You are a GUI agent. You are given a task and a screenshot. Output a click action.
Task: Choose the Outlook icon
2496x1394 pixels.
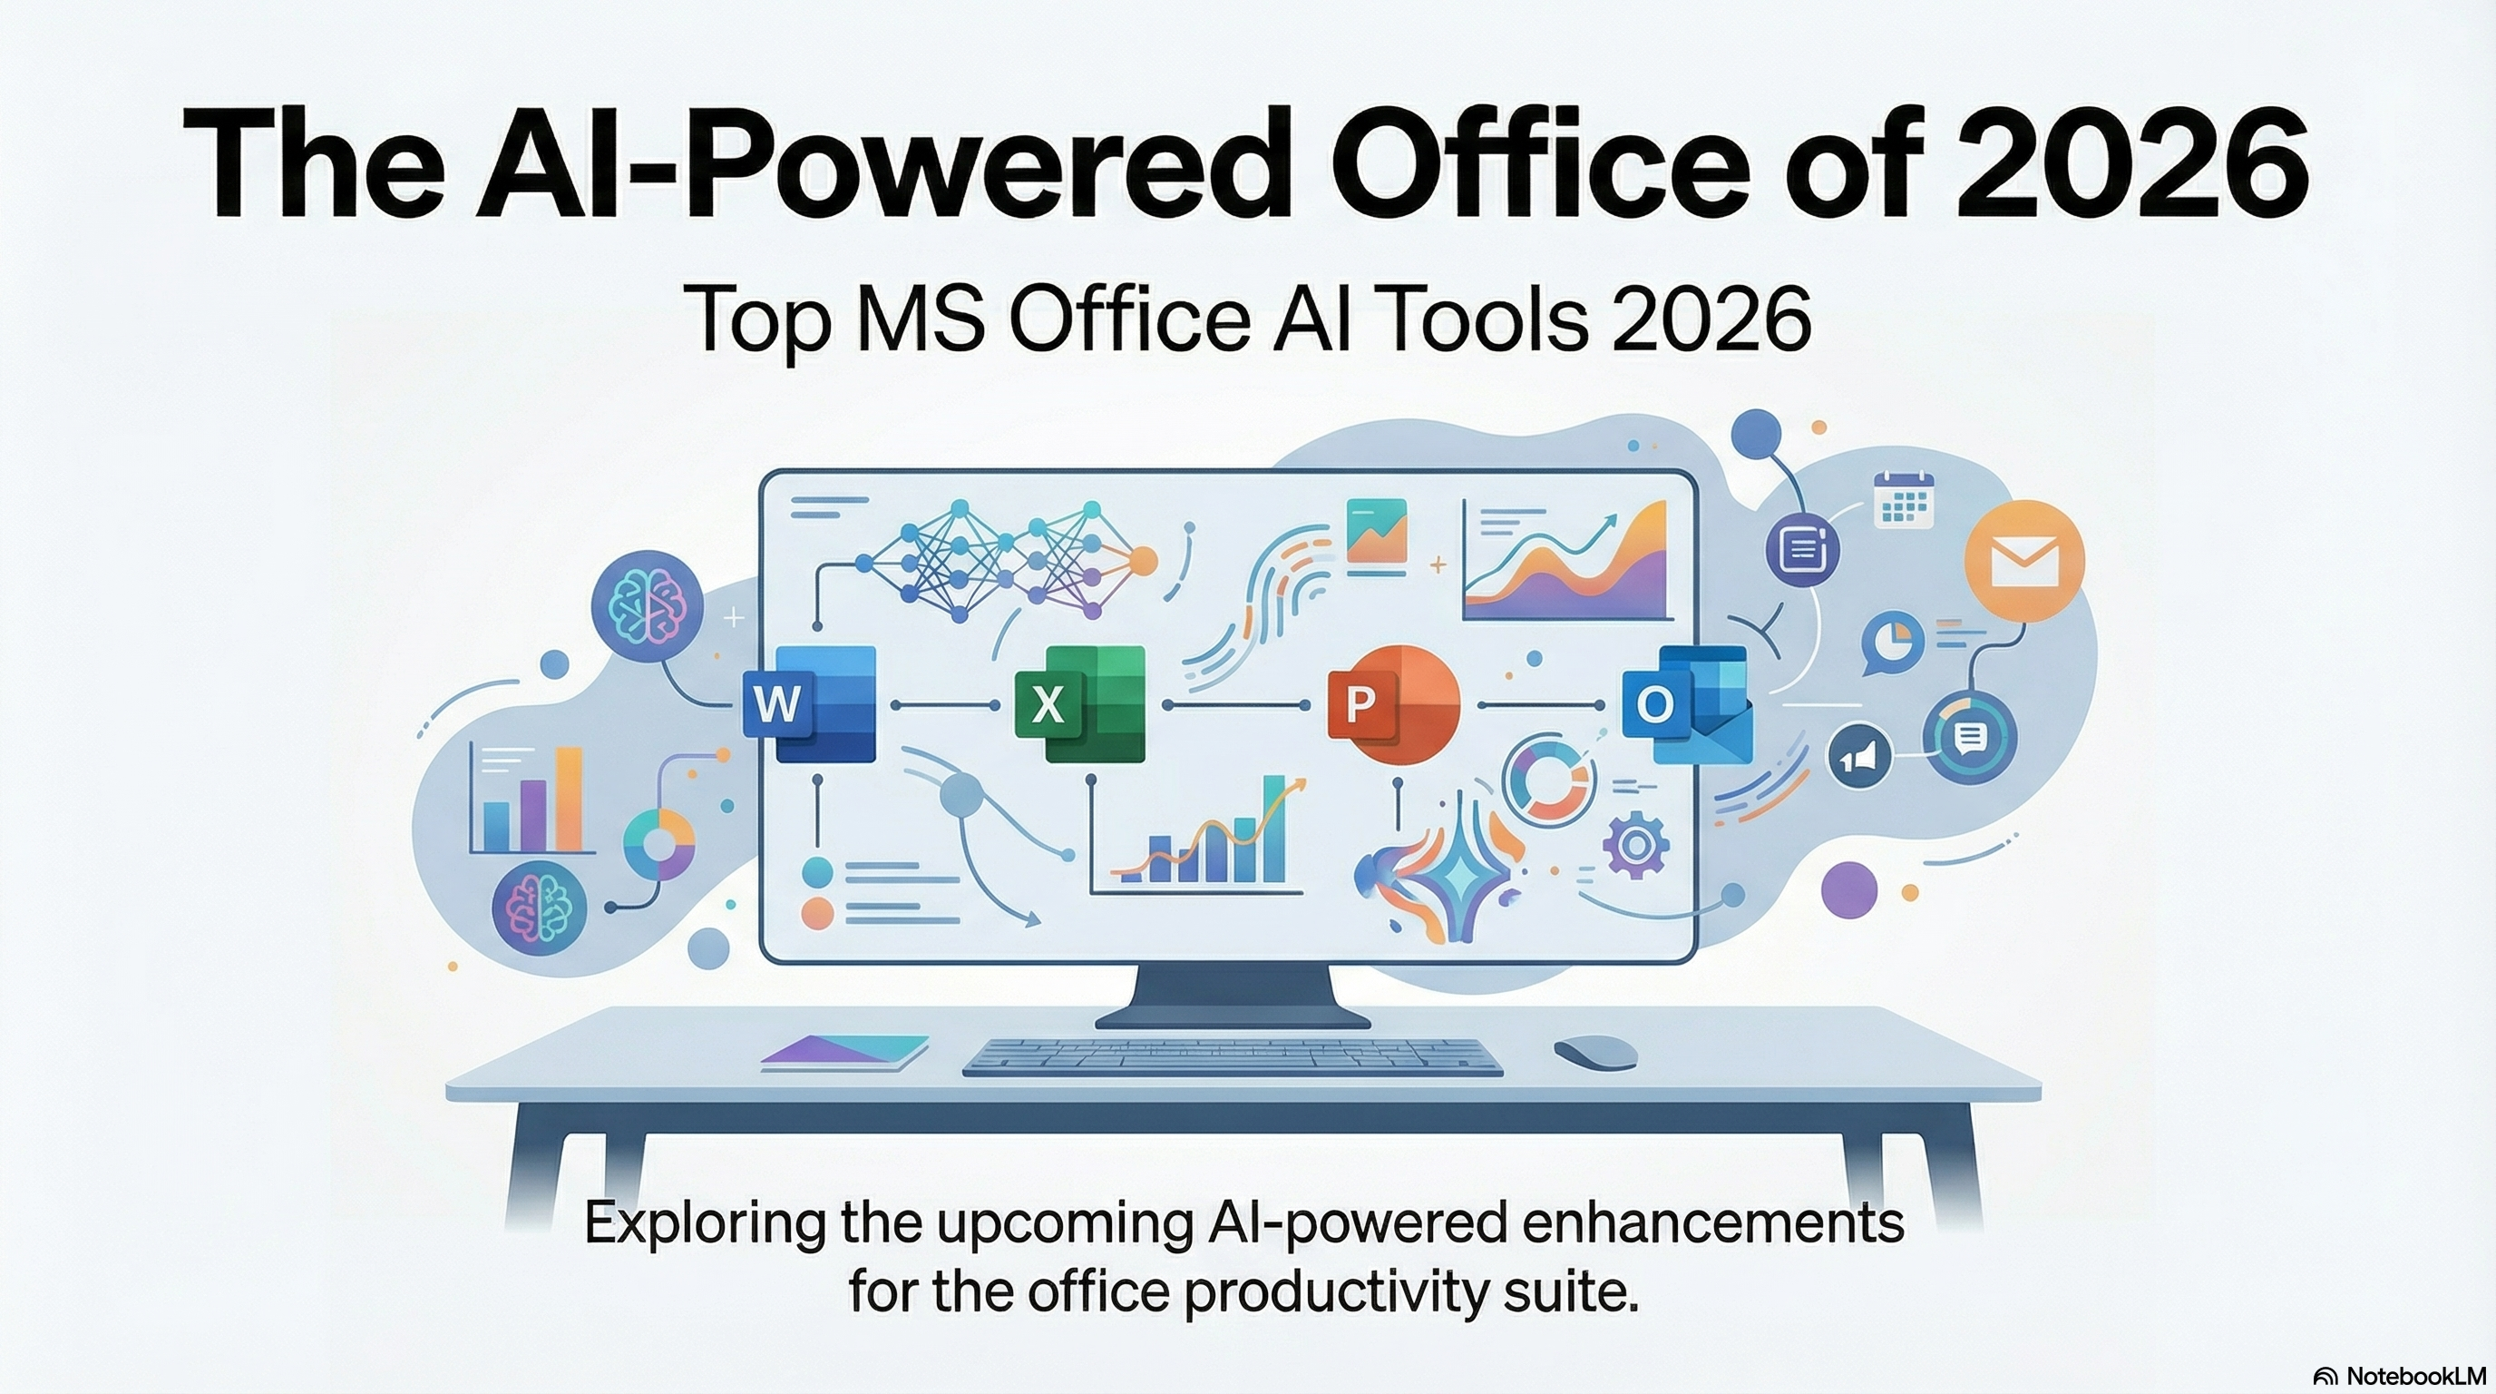click(1688, 705)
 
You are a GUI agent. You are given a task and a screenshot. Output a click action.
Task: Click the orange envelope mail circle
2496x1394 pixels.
click(2024, 560)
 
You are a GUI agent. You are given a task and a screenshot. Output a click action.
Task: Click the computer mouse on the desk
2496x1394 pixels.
click(1594, 1052)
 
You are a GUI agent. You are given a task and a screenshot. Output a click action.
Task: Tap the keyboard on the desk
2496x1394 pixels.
click(1233, 1056)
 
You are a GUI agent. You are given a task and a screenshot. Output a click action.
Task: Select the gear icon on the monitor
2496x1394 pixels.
click(1635, 845)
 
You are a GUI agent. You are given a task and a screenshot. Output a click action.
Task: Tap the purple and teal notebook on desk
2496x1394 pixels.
click(845, 1052)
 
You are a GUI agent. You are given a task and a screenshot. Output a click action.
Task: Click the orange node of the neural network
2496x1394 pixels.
click(1144, 561)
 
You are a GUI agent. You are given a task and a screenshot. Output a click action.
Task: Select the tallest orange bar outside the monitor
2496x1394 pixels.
click(569, 799)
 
